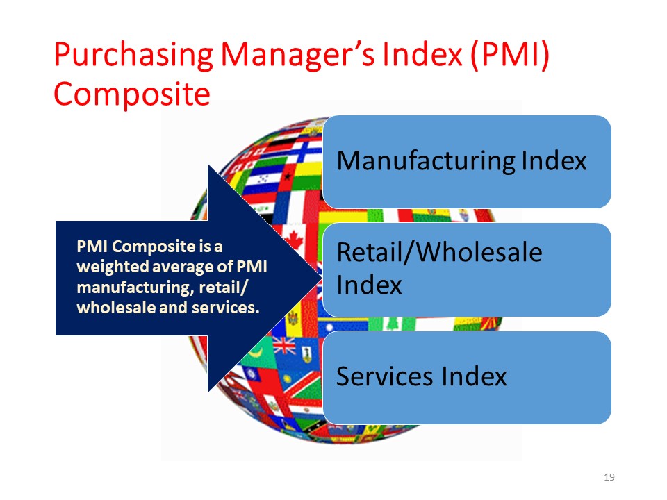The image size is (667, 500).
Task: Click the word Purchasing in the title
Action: pyautogui.click(x=133, y=56)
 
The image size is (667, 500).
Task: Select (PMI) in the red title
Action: pyautogui.click(x=510, y=56)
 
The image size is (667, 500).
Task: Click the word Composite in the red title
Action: pyautogui.click(x=132, y=94)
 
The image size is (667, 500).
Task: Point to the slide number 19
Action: pyautogui.click(x=609, y=477)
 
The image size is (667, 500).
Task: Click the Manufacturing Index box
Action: pyautogui.click(x=467, y=162)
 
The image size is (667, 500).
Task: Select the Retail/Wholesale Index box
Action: pyautogui.click(x=467, y=269)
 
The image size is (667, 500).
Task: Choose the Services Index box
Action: pyautogui.click(x=467, y=378)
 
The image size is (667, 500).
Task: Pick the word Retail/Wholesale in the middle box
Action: pyautogui.click(x=439, y=253)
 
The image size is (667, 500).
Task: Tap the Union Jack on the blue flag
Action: pyautogui.click(x=283, y=345)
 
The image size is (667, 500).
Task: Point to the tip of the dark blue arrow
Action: pyautogui.click(x=322, y=278)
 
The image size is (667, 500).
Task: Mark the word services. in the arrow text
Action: pyautogui.click(x=225, y=308)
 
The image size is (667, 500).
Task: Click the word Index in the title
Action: pyautogui.click(x=422, y=56)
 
